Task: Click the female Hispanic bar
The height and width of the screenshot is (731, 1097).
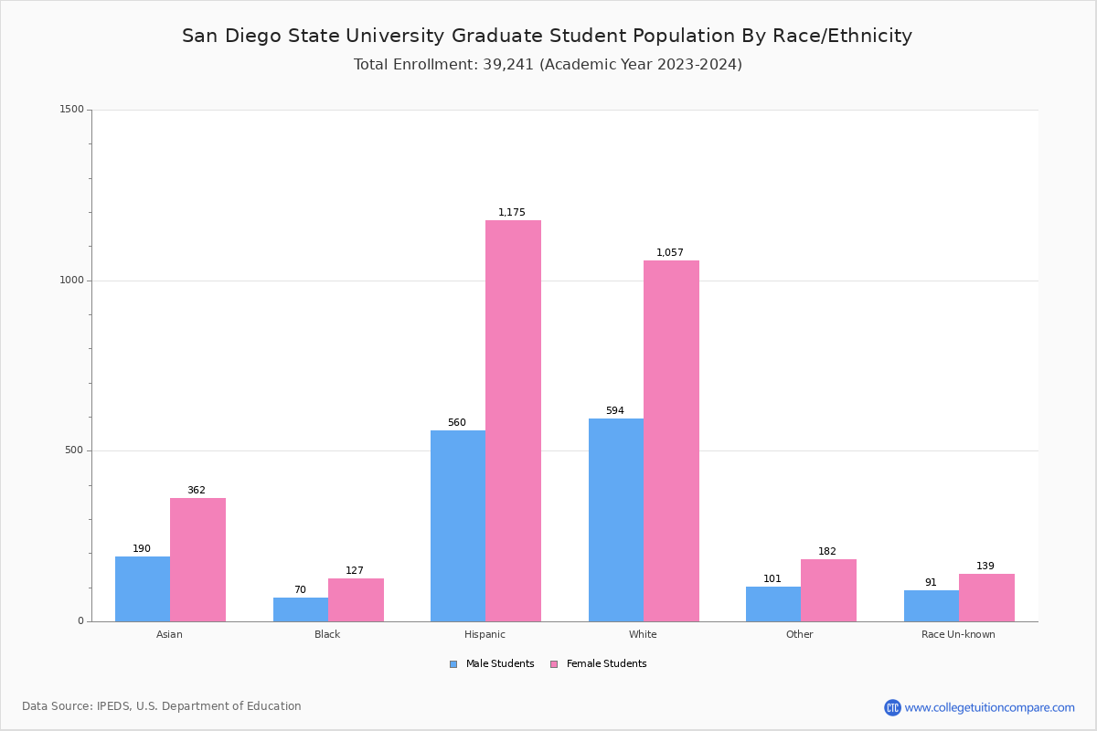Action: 513,420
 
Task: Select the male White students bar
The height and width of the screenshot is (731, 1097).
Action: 615,520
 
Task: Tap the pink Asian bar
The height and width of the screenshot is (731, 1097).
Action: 197,559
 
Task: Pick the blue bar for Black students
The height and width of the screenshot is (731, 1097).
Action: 300,609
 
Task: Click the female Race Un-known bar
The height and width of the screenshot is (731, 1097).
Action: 986,598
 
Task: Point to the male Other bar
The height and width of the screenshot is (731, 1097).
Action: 772,604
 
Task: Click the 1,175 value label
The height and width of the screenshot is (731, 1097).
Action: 512,213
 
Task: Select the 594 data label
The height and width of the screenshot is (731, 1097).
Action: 615,411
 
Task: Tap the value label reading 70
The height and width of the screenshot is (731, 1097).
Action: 300,590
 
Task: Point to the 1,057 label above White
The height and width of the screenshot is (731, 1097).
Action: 670,253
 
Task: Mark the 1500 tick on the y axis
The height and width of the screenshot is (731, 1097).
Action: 71,110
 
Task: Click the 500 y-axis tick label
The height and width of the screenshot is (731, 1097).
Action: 74,450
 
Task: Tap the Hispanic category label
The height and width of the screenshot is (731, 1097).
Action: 485,634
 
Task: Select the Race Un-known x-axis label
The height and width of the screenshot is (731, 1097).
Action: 958,634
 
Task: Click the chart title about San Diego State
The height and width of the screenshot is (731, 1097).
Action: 547,36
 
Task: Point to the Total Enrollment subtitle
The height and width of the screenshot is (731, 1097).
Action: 548,65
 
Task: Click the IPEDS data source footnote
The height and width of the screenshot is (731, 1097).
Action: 162,706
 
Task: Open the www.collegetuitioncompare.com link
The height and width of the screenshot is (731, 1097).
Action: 989,707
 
